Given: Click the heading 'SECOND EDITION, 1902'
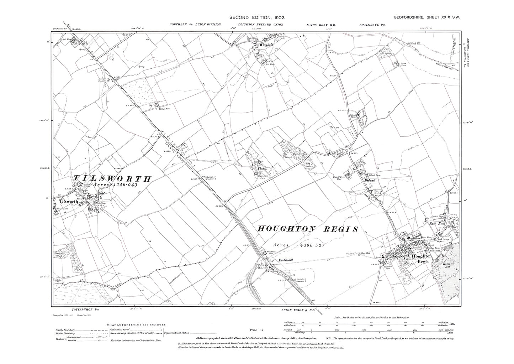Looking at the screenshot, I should pyautogui.click(x=256, y=17).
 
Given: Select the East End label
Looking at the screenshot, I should pyautogui.click(x=437, y=224).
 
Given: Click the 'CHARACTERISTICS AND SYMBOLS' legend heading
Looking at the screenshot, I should pyautogui.click(x=136, y=324).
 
